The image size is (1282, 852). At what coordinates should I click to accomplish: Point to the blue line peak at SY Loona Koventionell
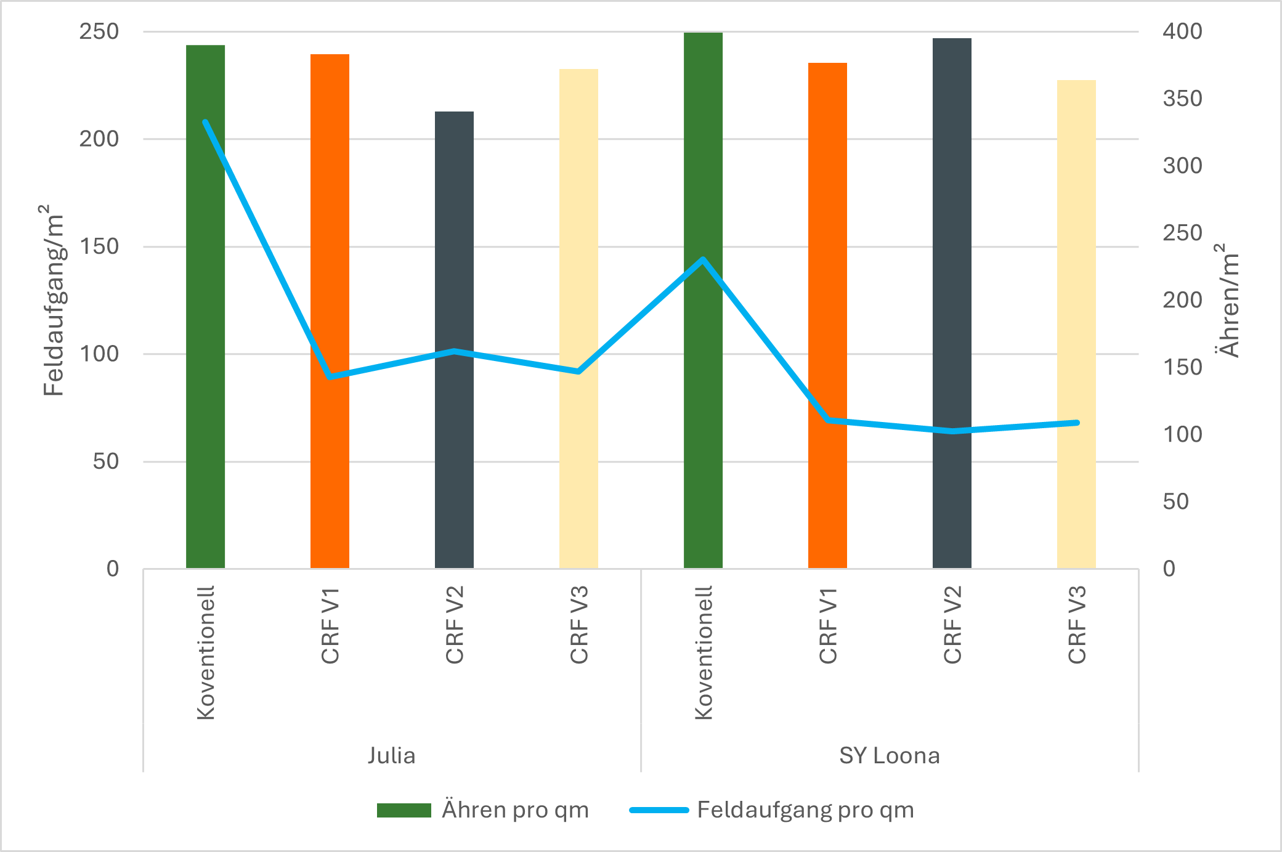click(x=703, y=259)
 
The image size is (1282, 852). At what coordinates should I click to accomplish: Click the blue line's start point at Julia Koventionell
click(x=205, y=122)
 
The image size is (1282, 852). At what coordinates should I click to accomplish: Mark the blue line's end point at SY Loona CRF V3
click(x=1077, y=423)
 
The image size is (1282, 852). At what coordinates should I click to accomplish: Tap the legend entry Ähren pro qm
click(x=484, y=809)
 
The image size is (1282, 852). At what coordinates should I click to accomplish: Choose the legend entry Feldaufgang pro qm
click(x=772, y=809)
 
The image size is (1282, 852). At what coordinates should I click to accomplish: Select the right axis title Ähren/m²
click(x=1228, y=300)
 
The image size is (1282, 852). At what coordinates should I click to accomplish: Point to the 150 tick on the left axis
click(x=99, y=246)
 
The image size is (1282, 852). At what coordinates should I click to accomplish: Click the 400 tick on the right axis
click(x=1182, y=31)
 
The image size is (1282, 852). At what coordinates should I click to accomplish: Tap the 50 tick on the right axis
click(x=1175, y=501)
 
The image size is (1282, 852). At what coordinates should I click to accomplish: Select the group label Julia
click(x=392, y=755)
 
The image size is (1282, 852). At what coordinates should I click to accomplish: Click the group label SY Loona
click(x=890, y=755)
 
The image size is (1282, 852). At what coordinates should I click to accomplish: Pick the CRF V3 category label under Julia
click(x=579, y=625)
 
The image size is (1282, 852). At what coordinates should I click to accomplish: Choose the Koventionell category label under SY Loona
click(x=704, y=652)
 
